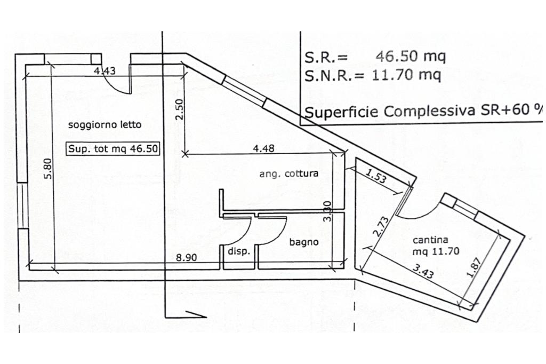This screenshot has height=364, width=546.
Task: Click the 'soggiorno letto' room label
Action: click(x=105, y=125)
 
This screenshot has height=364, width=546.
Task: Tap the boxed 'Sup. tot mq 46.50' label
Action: click(x=113, y=149)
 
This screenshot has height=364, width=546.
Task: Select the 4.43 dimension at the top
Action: click(x=105, y=70)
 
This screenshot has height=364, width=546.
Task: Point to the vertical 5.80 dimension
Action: click(x=47, y=168)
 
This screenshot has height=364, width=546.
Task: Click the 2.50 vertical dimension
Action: click(x=179, y=109)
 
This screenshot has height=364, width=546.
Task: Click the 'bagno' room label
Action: click(x=304, y=242)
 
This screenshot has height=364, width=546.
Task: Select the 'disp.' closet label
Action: click(x=239, y=251)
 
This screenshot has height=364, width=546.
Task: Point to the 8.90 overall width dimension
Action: click(x=187, y=257)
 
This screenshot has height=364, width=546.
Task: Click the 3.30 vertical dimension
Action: click(x=328, y=211)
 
